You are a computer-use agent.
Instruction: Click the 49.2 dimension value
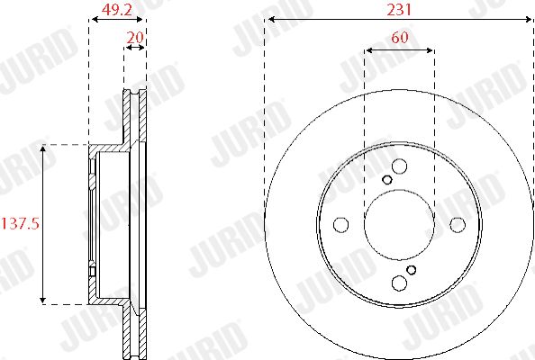coord(117,10)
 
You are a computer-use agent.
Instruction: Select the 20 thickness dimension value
coord(135,37)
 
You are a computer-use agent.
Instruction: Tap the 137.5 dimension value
coord(21,224)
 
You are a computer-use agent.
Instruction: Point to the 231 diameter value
coord(399,10)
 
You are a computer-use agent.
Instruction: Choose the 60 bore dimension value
coord(400,37)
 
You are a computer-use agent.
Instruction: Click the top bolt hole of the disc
coord(399,166)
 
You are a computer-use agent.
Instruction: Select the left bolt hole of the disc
coord(340,225)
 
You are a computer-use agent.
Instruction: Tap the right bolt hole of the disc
coord(458,224)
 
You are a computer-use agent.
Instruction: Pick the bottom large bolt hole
coord(399,283)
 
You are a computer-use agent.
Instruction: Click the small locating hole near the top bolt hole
coord(387,180)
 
